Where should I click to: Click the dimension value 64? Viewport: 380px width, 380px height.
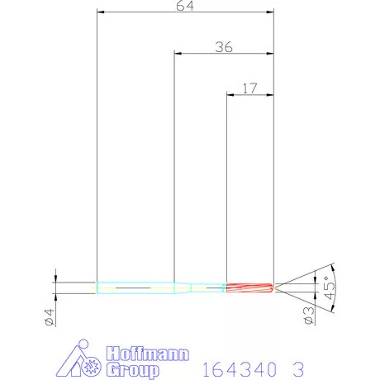(x=185, y=6)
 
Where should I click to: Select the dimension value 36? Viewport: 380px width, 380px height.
(x=222, y=47)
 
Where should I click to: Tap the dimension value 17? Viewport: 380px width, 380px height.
(x=250, y=87)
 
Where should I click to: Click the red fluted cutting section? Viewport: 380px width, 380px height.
(x=249, y=287)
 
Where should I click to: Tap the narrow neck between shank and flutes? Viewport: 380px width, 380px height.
(x=208, y=287)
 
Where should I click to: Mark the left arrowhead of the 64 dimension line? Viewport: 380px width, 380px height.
(x=99, y=12)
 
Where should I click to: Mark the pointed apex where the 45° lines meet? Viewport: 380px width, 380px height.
(x=276, y=287)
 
